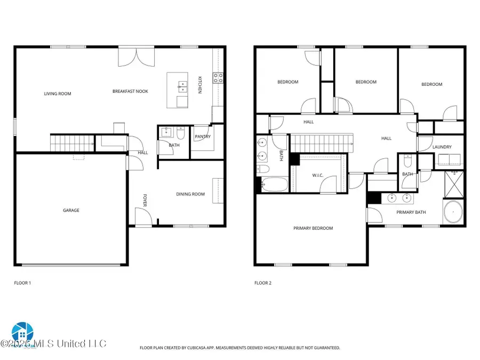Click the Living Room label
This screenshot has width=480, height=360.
pyautogui.click(x=58, y=94)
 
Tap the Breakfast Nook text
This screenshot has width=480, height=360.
pyautogui.click(x=130, y=91)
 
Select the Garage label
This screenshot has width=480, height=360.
pyautogui.click(x=71, y=210)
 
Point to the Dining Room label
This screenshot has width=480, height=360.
pyautogui.click(x=190, y=194)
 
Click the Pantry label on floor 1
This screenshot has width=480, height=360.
pyautogui.click(x=203, y=137)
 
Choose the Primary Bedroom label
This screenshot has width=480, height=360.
pyautogui.click(x=313, y=228)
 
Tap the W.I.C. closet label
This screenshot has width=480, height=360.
pyautogui.click(x=318, y=175)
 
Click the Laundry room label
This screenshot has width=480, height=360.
pyautogui.click(x=442, y=147)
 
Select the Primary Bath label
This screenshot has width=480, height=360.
pyautogui.click(x=411, y=212)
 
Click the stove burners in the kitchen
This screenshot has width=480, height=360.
pyautogui.click(x=218, y=78)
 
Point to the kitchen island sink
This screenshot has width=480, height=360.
pyautogui.click(x=183, y=86)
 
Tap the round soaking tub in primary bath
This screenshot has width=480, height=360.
pyautogui.click(x=453, y=212)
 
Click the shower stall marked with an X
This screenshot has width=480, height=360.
pyautogui.click(x=454, y=184)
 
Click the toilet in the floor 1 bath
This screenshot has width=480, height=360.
pyautogui.click(x=181, y=133)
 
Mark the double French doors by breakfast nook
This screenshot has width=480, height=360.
pyautogui.click(x=137, y=57)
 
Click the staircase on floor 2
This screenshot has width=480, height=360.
pyautogui.click(x=322, y=143)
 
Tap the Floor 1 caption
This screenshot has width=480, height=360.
pyautogui.click(x=22, y=283)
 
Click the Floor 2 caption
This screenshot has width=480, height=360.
pyautogui.click(x=263, y=283)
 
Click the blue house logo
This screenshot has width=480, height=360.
pyautogui.click(x=22, y=333)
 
